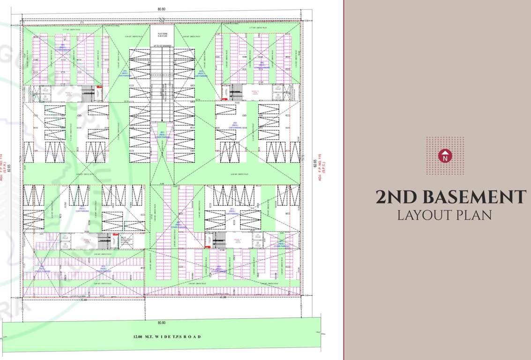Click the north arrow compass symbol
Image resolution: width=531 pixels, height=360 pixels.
(445, 156)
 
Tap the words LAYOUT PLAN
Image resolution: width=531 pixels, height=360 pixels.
(444, 215)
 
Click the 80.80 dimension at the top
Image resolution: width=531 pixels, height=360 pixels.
(162, 8)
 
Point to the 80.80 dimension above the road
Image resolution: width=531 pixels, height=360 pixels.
(162, 322)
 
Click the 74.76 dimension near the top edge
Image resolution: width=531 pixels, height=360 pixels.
(162, 19)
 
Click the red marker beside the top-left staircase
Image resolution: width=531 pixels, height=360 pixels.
(99, 88)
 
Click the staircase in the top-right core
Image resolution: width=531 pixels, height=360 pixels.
(237, 92)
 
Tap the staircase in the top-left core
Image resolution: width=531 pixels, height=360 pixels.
(88, 93)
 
